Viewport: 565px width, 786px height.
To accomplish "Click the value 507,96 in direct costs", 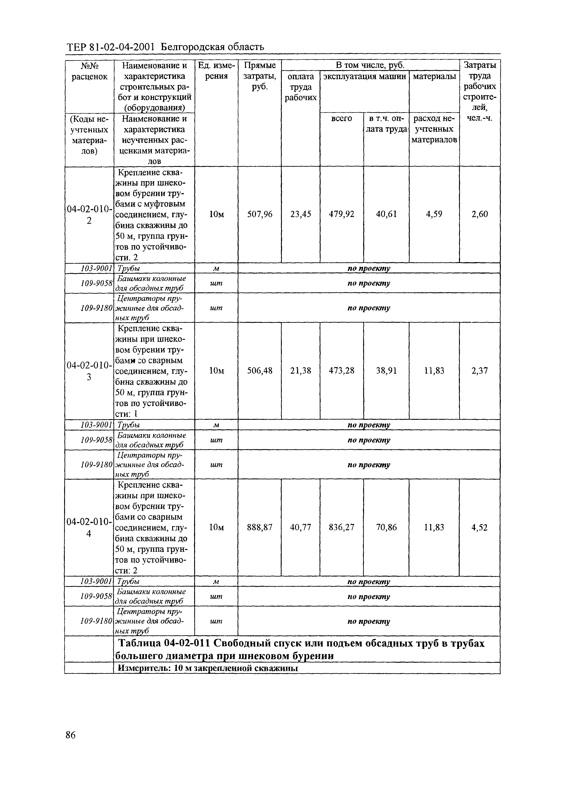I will click(x=259, y=214).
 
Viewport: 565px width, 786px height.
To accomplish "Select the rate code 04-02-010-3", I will click(x=89, y=371).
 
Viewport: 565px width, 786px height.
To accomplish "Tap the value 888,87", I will click(x=259, y=527).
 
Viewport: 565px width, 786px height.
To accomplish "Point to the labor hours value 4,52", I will click(x=480, y=527).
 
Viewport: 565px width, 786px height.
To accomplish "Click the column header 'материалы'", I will click(x=434, y=76).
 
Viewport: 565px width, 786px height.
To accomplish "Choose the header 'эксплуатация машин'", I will click(x=364, y=76).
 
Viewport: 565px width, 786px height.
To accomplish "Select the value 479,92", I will click(x=342, y=214).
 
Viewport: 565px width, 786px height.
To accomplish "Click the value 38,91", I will click(x=386, y=371).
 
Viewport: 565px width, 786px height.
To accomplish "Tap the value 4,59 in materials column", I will click(x=434, y=214).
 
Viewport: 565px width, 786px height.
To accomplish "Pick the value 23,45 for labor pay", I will click(x=300, y=214).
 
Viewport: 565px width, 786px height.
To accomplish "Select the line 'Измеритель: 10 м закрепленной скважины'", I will click(x=208, y=668).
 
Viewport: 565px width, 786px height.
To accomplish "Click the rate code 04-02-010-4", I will click(x=89, y=527).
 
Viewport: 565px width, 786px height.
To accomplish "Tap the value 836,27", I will click(x=342, y=527).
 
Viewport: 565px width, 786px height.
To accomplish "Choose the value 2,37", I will click(x=480, y=371).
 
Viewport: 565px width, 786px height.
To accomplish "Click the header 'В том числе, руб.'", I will click(x=370, y=65).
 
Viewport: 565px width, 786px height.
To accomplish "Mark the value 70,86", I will click(x=386, y=527).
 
